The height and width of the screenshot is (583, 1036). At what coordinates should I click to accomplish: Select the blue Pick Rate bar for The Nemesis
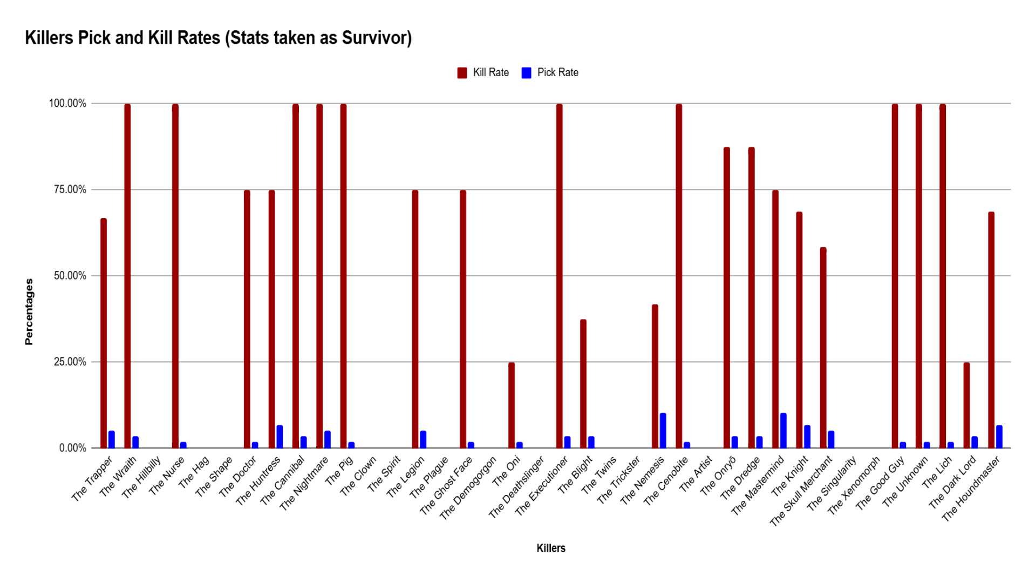(x=663, y=431)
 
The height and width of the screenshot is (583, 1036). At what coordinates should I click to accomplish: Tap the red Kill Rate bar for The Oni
(x=512, y=405)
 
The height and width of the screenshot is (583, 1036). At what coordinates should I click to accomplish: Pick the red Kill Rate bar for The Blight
(x=583, y=383)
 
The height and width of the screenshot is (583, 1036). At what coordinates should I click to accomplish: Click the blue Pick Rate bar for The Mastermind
(x=783, y=431)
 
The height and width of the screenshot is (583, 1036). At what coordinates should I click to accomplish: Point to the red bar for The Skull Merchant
(x=823, y=348)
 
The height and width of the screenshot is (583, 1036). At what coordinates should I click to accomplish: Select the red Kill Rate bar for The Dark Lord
(x=966, y=405)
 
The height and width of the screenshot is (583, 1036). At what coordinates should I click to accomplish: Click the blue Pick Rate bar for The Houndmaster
(x=999, y=437)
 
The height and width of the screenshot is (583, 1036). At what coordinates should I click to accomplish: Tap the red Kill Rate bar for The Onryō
(x=727, y=297)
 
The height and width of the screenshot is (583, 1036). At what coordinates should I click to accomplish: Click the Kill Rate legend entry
(x=483, y=73)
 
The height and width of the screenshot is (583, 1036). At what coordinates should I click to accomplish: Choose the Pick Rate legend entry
(x=550, y=73)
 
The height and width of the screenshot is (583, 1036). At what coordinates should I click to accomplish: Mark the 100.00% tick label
(x=68, y=103)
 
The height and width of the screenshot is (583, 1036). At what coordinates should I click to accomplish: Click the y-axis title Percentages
(x=29, y=311)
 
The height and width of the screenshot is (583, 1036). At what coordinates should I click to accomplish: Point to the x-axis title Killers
(x=551, y=548)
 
